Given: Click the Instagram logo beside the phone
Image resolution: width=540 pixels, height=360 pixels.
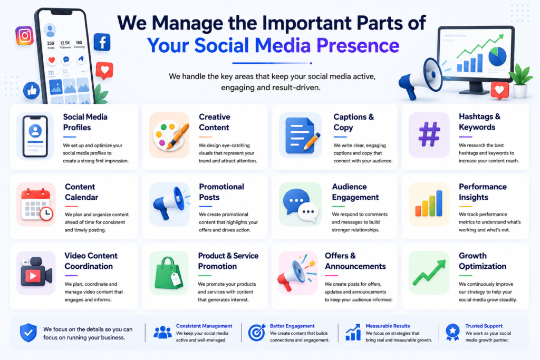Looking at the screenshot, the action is pos(24,35).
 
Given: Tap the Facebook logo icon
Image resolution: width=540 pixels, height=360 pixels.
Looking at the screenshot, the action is pos(102,42).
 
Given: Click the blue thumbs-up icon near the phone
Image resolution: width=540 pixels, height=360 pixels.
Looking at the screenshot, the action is pos(31,91).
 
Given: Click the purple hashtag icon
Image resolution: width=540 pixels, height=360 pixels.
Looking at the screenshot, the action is pos(429,134).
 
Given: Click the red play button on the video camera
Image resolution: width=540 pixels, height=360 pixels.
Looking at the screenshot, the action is pos(33,276).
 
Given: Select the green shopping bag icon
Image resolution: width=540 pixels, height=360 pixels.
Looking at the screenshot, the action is pos(169,273).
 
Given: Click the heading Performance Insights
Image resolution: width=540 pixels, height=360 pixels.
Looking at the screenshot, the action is pos(483,192).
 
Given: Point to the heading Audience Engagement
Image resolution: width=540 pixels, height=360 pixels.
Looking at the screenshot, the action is pos(355,192).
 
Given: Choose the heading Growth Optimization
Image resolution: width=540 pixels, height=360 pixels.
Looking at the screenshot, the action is pos(482,261).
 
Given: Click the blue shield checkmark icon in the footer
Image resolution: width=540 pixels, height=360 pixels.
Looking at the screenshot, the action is pos(28,333).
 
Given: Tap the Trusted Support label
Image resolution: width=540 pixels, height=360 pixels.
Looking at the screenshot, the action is pos(484,326).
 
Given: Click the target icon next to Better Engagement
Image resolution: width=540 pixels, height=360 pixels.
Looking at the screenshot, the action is pos(257,333).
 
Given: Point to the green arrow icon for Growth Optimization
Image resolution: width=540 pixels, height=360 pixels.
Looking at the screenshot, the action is pos(429,273).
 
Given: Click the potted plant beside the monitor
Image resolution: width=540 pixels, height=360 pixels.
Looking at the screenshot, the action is pos(520,81).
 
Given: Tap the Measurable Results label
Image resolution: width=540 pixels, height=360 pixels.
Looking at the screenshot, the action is pos(388,326).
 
